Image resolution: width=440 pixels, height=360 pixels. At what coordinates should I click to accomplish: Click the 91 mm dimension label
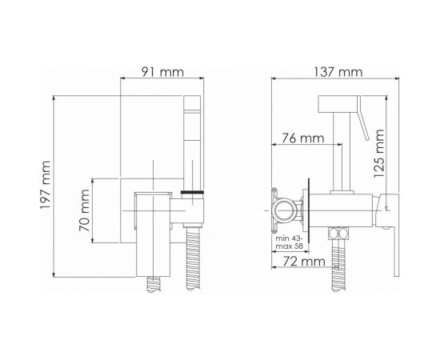162,72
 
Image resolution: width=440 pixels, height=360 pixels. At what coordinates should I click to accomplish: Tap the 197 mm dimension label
45,185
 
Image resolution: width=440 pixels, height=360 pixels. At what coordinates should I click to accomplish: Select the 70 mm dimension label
84,210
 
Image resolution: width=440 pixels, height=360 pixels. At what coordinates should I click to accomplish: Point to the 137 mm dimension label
338,72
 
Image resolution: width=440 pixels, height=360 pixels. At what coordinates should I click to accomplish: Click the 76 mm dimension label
303,138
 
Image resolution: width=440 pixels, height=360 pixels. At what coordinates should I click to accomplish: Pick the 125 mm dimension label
379,154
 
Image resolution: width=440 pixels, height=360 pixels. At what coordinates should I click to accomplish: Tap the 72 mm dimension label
304,262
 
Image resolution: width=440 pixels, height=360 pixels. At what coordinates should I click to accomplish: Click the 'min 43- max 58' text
290,242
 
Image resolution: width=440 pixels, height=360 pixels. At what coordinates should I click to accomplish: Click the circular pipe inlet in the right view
285,210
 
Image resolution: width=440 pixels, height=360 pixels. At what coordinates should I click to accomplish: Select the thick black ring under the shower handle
192,192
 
